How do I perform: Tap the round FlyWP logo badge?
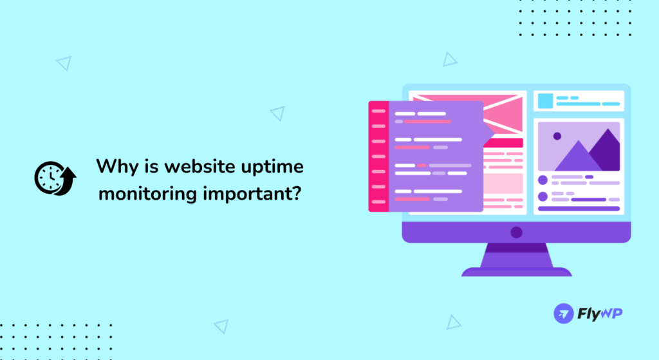(x=564, y=313)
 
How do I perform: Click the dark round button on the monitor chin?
(x=516, y=232)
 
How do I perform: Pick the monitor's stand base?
(x=516, y=271)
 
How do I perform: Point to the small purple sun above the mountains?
(x=557, y=136)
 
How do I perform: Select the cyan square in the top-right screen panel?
(x=546, y=100)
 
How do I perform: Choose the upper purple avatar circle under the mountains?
(x=543, y=180)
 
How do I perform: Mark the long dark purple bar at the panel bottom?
(x=578, y=209)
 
